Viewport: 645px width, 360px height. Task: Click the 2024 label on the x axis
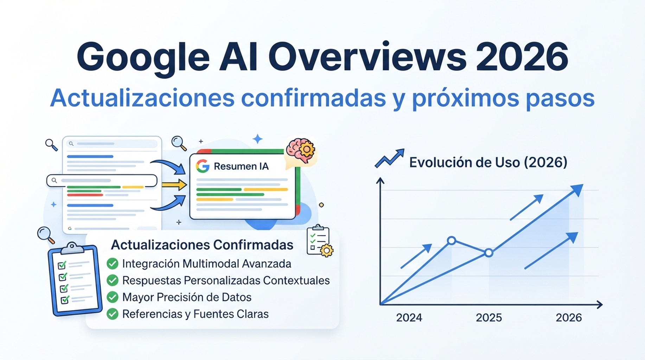409,318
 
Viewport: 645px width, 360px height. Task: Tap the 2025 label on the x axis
489,318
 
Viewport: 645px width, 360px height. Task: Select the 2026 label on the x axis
569,318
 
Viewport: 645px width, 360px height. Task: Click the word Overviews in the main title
367,57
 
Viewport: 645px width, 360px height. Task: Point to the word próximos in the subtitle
465,98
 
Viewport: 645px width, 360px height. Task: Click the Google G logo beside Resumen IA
203,166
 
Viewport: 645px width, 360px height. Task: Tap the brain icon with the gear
301,150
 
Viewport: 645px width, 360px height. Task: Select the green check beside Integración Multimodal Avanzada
113,264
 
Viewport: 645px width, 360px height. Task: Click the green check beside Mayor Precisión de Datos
113,297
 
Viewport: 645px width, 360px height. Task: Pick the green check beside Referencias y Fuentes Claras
113,314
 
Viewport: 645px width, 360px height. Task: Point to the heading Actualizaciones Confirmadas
202,245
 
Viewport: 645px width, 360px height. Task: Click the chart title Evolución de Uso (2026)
488,162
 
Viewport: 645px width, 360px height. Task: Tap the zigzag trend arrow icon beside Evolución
390,158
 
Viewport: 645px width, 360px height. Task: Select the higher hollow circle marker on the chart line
452,240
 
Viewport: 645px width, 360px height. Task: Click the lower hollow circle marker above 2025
488,252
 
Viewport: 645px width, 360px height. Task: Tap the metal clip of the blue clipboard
72,247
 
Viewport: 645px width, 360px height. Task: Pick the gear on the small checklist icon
327,251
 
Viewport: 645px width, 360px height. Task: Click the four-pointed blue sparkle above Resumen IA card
258,139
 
